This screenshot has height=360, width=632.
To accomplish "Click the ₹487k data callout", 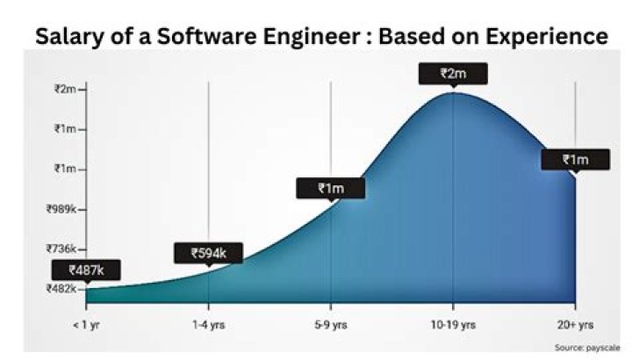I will (x=85, y=270).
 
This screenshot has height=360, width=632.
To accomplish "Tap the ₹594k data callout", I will (x=209, y=253).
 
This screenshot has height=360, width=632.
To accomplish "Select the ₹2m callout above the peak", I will (x=453, y=74).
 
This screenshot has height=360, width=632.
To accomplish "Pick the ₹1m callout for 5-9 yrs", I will (x=330, y=188).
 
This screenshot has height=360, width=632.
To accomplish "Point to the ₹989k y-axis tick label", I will (x=68, y=209).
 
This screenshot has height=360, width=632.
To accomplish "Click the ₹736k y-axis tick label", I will (x=68, y=249).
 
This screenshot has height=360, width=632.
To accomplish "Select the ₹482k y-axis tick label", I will (x=68, y=289).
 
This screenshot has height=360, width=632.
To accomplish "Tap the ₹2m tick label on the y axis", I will (x=68, y=89).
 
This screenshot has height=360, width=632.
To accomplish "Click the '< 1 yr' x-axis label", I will (x=86, y=324).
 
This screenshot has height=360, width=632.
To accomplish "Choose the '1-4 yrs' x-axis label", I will (x=209, y=324).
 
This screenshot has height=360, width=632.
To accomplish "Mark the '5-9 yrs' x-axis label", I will (x=331, y=324).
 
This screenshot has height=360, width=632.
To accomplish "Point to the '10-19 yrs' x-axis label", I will (x=453, y=324).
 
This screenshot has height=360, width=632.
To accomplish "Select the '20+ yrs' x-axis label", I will (x=576, y=324).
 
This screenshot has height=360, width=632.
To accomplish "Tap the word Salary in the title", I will (x=68, y=36).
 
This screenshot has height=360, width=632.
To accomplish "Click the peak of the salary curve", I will (x=453, y=92).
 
